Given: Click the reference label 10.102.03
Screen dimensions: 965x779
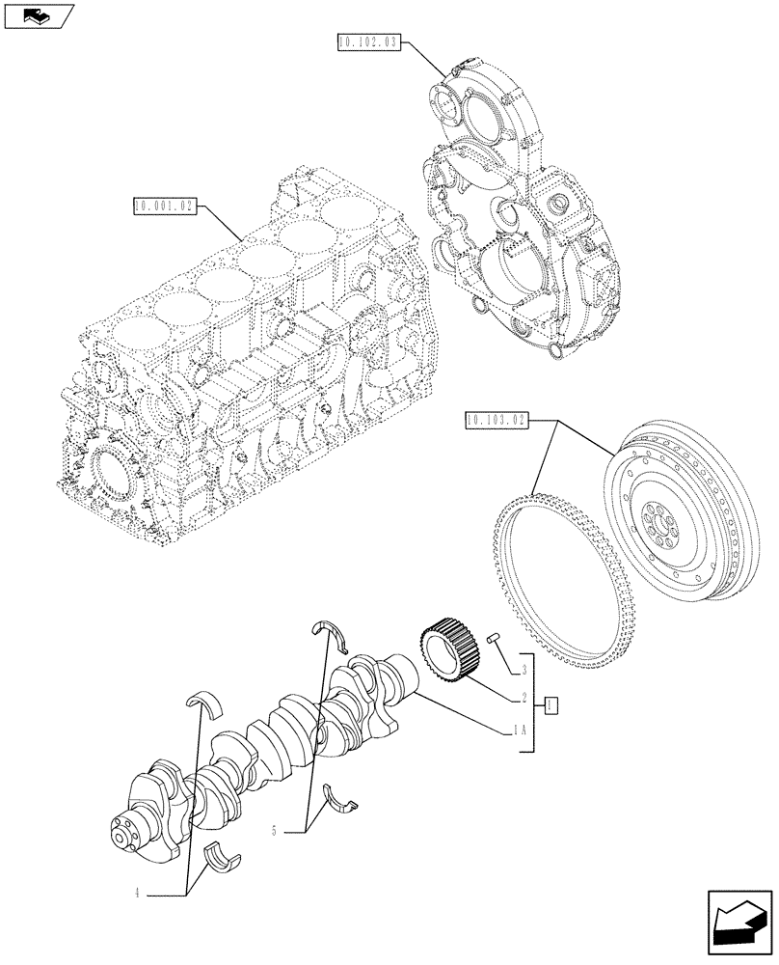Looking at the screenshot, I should [368, 41].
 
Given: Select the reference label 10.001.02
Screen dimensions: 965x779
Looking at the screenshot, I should [165, 206].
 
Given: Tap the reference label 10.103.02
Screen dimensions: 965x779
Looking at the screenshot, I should [496, 421].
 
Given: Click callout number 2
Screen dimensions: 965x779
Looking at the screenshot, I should [522, 697].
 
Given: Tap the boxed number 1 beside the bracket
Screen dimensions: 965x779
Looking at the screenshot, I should [550, 705].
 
